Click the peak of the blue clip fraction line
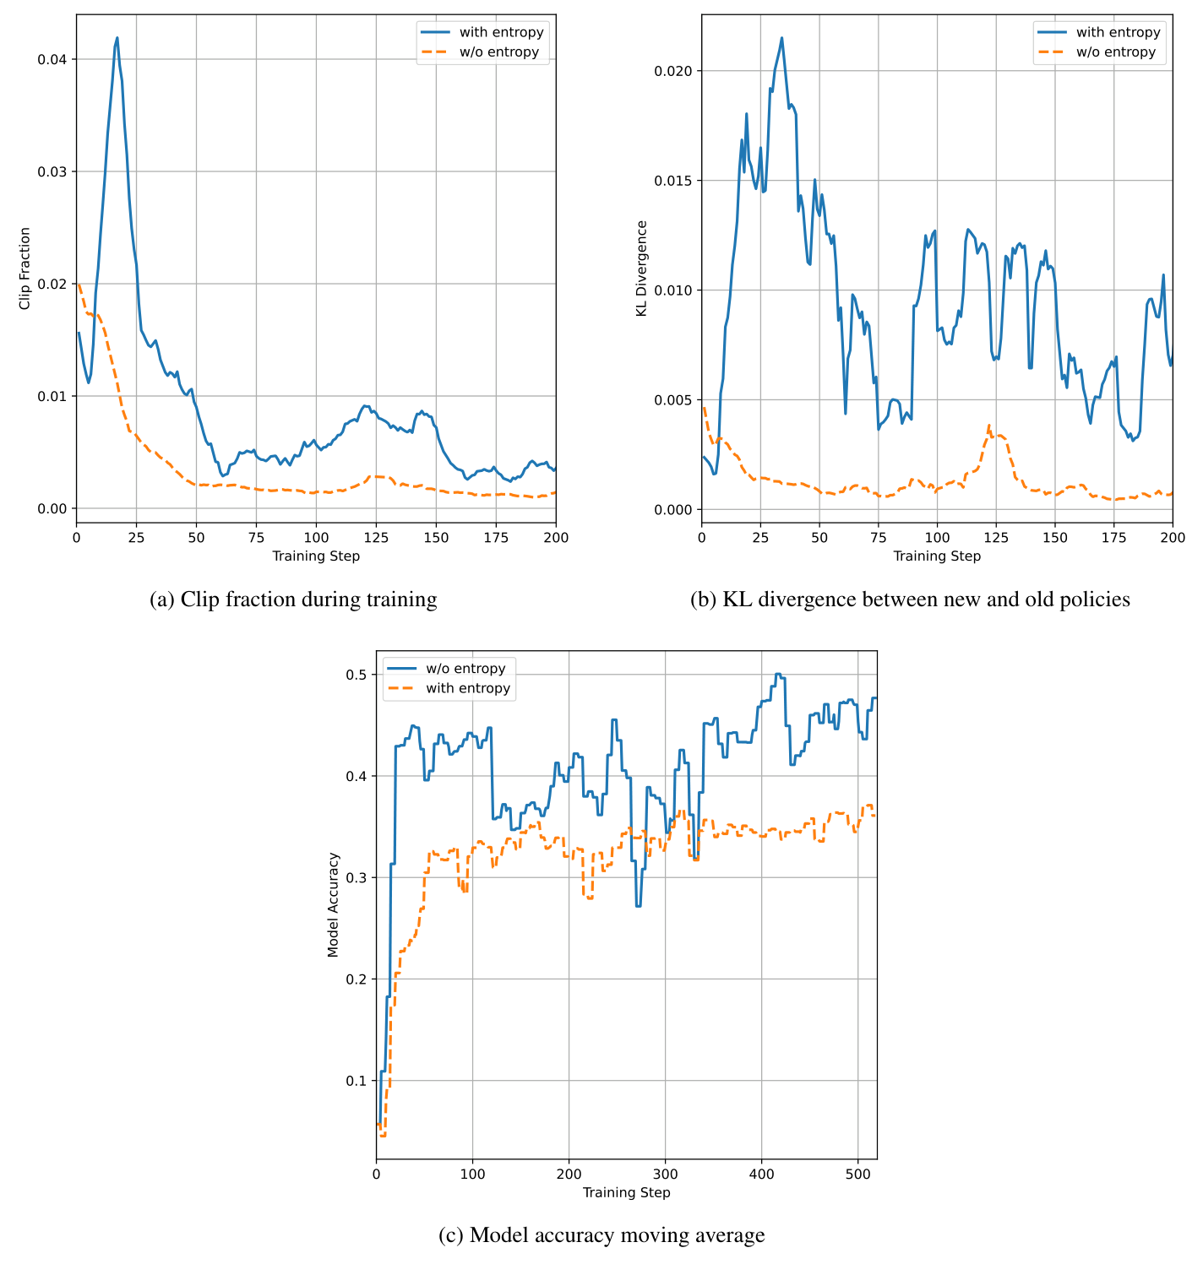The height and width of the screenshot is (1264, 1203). tap(117, 38)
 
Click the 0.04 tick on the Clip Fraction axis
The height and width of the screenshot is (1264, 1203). tap(56, 59)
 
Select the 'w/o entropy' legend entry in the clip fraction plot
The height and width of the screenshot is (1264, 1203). tap(498, 52)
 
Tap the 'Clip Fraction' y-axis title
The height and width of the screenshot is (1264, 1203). tap(25, 269)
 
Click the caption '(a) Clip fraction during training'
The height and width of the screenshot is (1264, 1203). tap(293, 599)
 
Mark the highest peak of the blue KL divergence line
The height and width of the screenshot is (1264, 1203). tap(781, 38)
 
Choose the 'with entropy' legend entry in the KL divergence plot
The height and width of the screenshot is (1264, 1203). tap(1118, 33)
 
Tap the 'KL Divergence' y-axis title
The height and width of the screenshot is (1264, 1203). tap(642, 269)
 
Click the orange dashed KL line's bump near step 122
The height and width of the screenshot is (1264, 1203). tap(988, 426)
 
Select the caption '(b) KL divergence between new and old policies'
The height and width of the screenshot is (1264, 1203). tap(910, 599)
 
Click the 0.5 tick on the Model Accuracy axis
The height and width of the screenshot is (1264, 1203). tap(357, 675)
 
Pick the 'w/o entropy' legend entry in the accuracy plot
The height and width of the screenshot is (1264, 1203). tap(465, 669)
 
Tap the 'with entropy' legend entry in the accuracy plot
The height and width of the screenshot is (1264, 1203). tap(468, 688)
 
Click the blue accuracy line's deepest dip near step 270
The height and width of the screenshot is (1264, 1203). tap(638, 905)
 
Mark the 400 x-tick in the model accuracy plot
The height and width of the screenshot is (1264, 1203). tap(761, 1174)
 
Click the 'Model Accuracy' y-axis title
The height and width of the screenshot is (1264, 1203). tap(333, 904)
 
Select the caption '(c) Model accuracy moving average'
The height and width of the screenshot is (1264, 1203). tap(601, 1235)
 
